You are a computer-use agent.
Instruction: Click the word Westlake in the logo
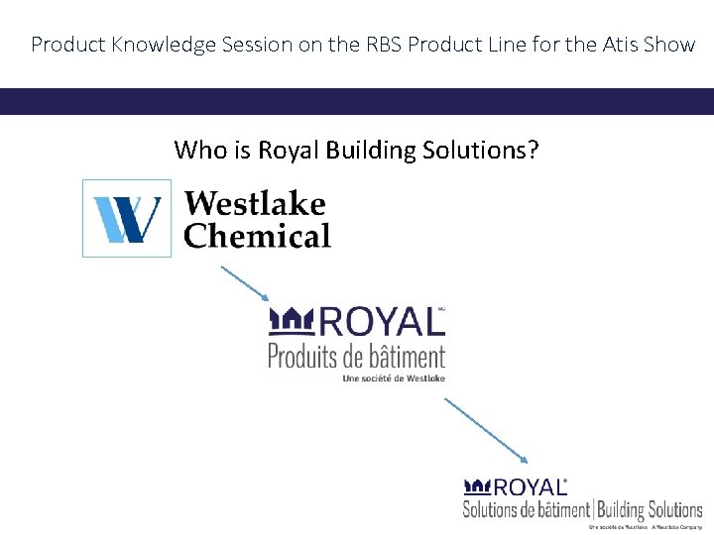(x=255, y=203)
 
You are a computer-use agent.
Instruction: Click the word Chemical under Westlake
(x=257, y=237)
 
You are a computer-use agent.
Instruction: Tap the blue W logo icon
(x=127, y=219)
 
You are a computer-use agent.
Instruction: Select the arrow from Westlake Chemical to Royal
(x=244, y=282)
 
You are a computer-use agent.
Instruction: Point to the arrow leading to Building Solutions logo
(x=487, y=430)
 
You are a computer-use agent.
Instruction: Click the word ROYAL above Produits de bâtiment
(x=380, y=323)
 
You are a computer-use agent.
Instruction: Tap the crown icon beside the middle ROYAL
(x=292, y=320)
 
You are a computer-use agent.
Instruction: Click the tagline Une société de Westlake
(x=394, y=377)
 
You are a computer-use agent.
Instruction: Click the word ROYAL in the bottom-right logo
(x=530, y=486)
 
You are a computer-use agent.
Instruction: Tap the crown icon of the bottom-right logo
(x=478, y=485)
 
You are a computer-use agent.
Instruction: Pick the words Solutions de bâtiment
(x=526, y=509)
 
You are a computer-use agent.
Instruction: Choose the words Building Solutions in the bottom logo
(x=649, y=509)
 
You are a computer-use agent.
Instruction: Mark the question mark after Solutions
(x=534, y=150)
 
